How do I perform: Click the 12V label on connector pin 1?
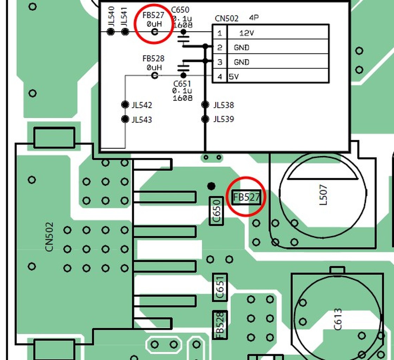click(x=246, y=33)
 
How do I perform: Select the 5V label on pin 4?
click(x=234, y=76)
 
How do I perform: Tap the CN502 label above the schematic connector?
click(x=227, y=19)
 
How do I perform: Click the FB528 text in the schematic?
click(x=153, y=58)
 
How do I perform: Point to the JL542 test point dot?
click(x=125, y=104)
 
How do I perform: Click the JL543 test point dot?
click(x=125, y=119)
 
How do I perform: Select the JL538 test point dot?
click(x=205, y=104)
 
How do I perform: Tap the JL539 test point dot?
click(x=205, y=119)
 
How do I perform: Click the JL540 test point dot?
click(x=111, y=32)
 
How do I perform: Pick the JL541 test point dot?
click(x=125, y=32)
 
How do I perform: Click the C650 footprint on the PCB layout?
click(x=216, y=211)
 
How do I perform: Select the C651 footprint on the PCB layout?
click(x=220, y=287)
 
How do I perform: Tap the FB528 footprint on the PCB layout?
click(x=220, y=325)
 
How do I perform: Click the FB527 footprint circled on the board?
click(x=246, y=197)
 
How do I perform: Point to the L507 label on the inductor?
click(x=324, y=195)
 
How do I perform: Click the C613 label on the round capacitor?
click(x=337, y=319)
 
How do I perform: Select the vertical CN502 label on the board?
click(x=49, y=237)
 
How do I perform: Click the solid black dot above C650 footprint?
click(x=211, y=186)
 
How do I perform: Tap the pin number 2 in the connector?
click(x=220, y=47)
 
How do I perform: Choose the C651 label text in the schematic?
click(x=182, y=84)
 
